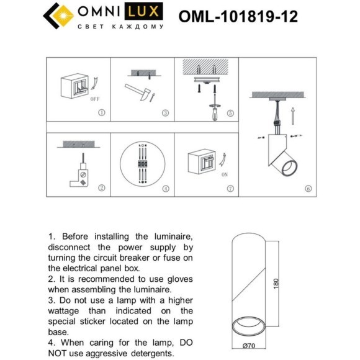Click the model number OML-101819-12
pos(238,16)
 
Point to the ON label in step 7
pos(224,176)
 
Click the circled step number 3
pos(164,113)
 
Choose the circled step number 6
pos(308,188)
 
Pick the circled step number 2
pos(102,187)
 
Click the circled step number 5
pos(230,113)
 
